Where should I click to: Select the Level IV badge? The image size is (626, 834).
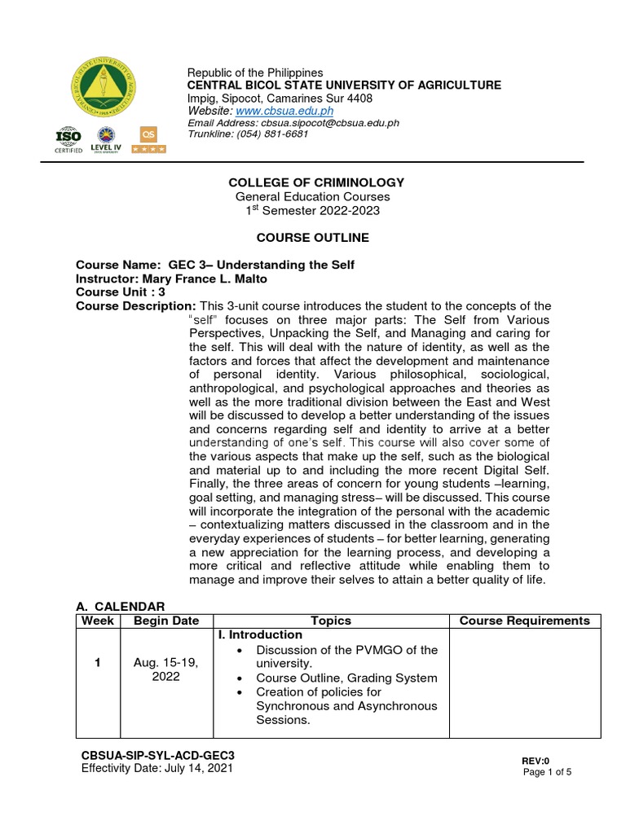pos(107,140)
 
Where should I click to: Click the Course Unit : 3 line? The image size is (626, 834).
pos(121,292)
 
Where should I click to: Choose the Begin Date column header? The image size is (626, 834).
pos(166,621)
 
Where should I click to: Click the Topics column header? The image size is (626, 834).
pos(331,621)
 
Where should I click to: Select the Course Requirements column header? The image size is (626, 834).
pos(524,621)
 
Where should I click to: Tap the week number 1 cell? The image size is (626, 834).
pos(96,663)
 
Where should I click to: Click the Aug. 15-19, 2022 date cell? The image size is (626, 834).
pos(166,670)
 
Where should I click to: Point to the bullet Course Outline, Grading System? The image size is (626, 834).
pos(346,678)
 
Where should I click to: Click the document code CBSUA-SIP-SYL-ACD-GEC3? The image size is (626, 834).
pos(163,755)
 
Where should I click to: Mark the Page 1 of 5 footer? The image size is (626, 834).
pos(547,772)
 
